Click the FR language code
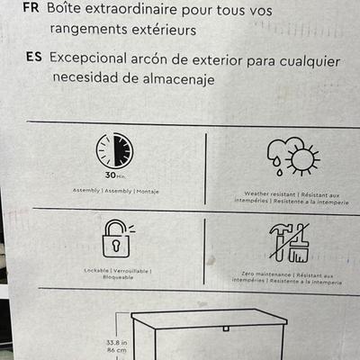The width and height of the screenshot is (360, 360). [x=31, y=7]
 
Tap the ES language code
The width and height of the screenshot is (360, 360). [x=34, y=57]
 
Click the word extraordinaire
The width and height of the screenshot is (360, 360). [x=131, y=8]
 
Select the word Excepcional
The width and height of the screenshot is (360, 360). [x=88, y=58]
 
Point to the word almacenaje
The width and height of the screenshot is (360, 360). [x=178, y=79]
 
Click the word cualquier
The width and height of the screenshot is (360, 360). [x=310, y=62]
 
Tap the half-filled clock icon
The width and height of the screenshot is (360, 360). [x=114, y=150]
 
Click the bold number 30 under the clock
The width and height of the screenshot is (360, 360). [x=111, y=175]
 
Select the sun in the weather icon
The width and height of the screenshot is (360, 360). [x=302, y=160]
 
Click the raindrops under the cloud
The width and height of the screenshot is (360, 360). [x=277, y=167]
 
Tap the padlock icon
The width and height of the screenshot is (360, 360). [x=116, y=238]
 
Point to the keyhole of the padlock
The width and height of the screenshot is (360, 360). [x=116, y=246]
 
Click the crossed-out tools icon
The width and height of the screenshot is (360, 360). [x=289, y=243]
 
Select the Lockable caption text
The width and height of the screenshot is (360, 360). [x=96, y=270]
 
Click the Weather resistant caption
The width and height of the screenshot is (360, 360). [x=270, y=194]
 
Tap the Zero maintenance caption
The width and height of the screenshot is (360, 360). [x=266, y=274]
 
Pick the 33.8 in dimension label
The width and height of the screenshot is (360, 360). [x=117, y=342]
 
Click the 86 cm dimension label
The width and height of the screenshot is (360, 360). [x=117, y=350]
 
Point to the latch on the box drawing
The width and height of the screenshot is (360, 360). [x=226, y=328]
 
